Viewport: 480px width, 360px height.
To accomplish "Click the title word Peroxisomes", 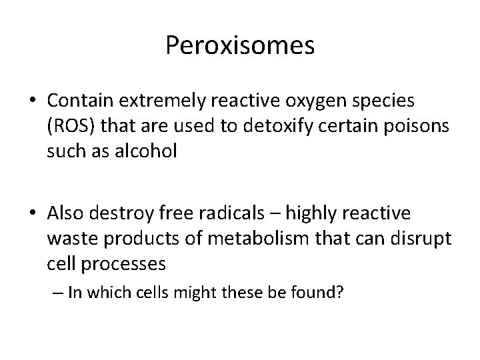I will click(240, 45).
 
